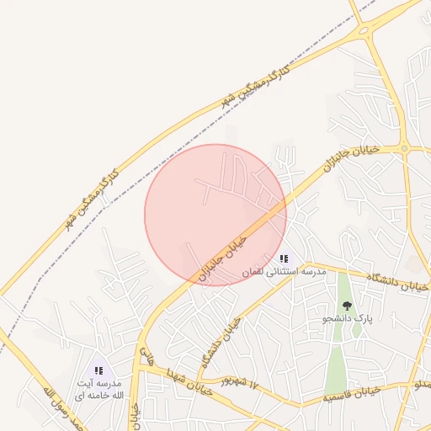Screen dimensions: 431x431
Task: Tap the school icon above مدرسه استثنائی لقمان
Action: [x=285, y=259]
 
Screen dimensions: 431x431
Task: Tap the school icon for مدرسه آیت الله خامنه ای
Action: [x=99, y=370]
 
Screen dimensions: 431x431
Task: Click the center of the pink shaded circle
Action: [x=215, y=215]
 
